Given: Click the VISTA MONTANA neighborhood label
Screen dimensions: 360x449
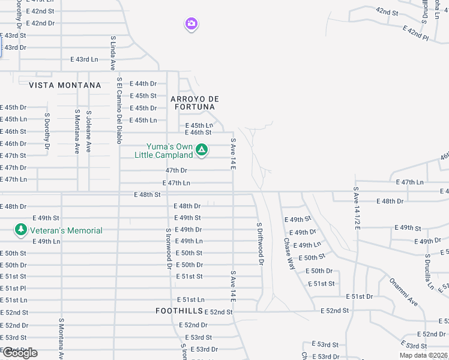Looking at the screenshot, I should coord(65,85).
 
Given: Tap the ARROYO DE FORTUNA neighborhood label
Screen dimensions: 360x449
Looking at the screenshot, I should coord(195,103).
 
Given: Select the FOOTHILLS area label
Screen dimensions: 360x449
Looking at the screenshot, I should coord(178,311).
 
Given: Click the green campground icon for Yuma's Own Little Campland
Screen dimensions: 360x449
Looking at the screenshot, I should coord(202,149).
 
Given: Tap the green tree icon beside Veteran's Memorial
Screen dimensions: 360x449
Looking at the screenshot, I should coord(21,230).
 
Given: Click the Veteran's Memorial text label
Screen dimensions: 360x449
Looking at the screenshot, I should coord(67,230).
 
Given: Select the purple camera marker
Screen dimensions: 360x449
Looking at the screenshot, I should coord(191,24).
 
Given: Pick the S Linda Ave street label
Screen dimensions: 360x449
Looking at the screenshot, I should coord(113,53).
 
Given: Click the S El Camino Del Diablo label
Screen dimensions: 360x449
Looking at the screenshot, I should coord(119,110).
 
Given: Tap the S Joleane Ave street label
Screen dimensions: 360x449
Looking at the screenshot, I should coord(89,131).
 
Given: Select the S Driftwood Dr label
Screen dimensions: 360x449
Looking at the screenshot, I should coord(260,244).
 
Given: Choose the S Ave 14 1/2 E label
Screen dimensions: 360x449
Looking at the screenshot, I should coord(356,208).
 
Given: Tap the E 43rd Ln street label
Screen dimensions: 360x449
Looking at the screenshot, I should coord(84,59).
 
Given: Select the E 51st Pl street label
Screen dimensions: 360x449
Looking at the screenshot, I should coord(13,288).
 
